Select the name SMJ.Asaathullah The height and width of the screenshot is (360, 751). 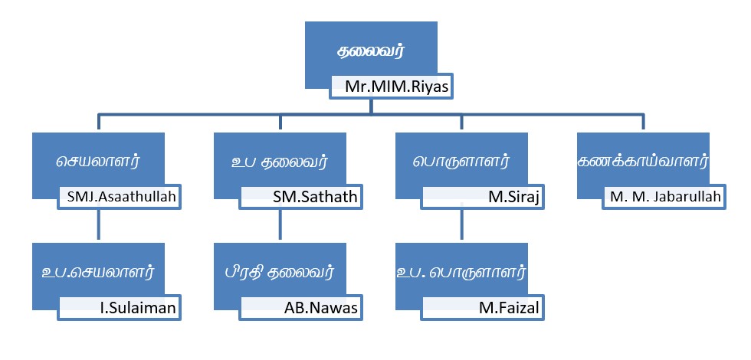120,197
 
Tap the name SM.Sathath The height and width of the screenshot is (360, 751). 316,197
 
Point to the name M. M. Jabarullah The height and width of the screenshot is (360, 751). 665,197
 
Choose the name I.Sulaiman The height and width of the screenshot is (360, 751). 138,308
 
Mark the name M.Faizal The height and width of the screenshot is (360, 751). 509,308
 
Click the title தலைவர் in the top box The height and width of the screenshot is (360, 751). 371,51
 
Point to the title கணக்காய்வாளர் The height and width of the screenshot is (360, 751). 643,161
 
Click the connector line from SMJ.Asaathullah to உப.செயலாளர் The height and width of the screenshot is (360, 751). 99,224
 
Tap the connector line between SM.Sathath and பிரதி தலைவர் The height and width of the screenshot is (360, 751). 280,224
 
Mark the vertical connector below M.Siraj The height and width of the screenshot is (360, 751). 461,221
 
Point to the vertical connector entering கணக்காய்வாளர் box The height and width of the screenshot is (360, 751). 643,122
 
